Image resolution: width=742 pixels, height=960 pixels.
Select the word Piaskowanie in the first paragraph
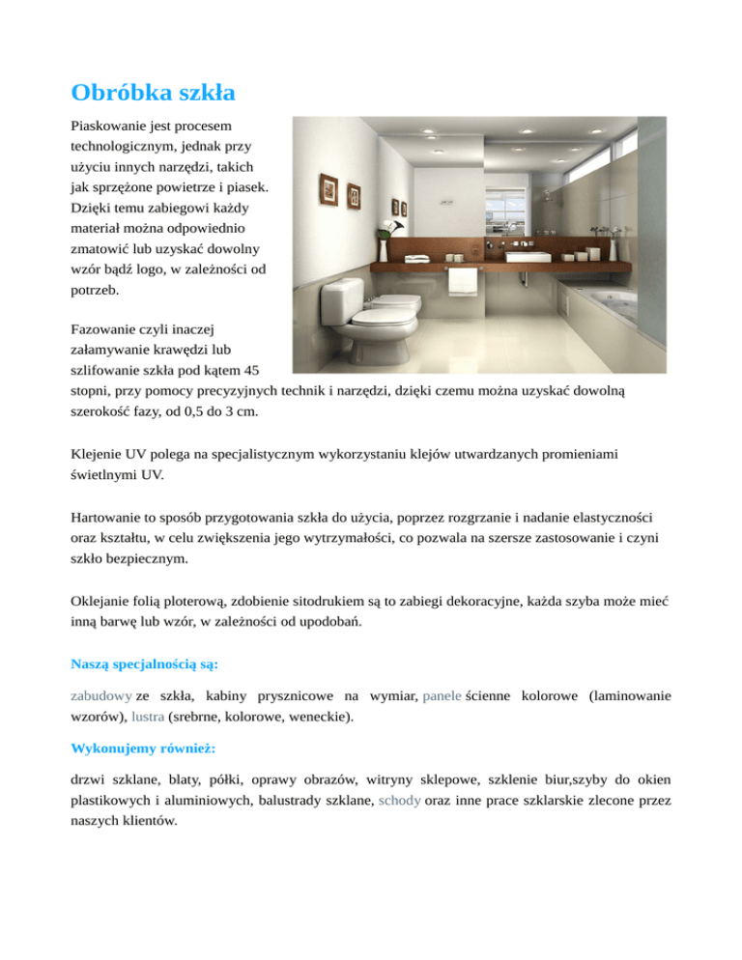click(x=114, y=127)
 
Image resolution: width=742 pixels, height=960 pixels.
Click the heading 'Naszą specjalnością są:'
click(x=145, y=664)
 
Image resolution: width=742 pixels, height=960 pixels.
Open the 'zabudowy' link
click(x=101, y=695)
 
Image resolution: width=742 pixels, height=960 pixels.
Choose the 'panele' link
click(x=442, y=695)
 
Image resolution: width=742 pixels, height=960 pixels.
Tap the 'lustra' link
click(x=145, y=717)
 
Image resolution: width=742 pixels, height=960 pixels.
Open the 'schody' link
click(x=400, y=801)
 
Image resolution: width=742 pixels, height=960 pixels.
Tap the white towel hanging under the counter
click(x=466, y=281)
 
